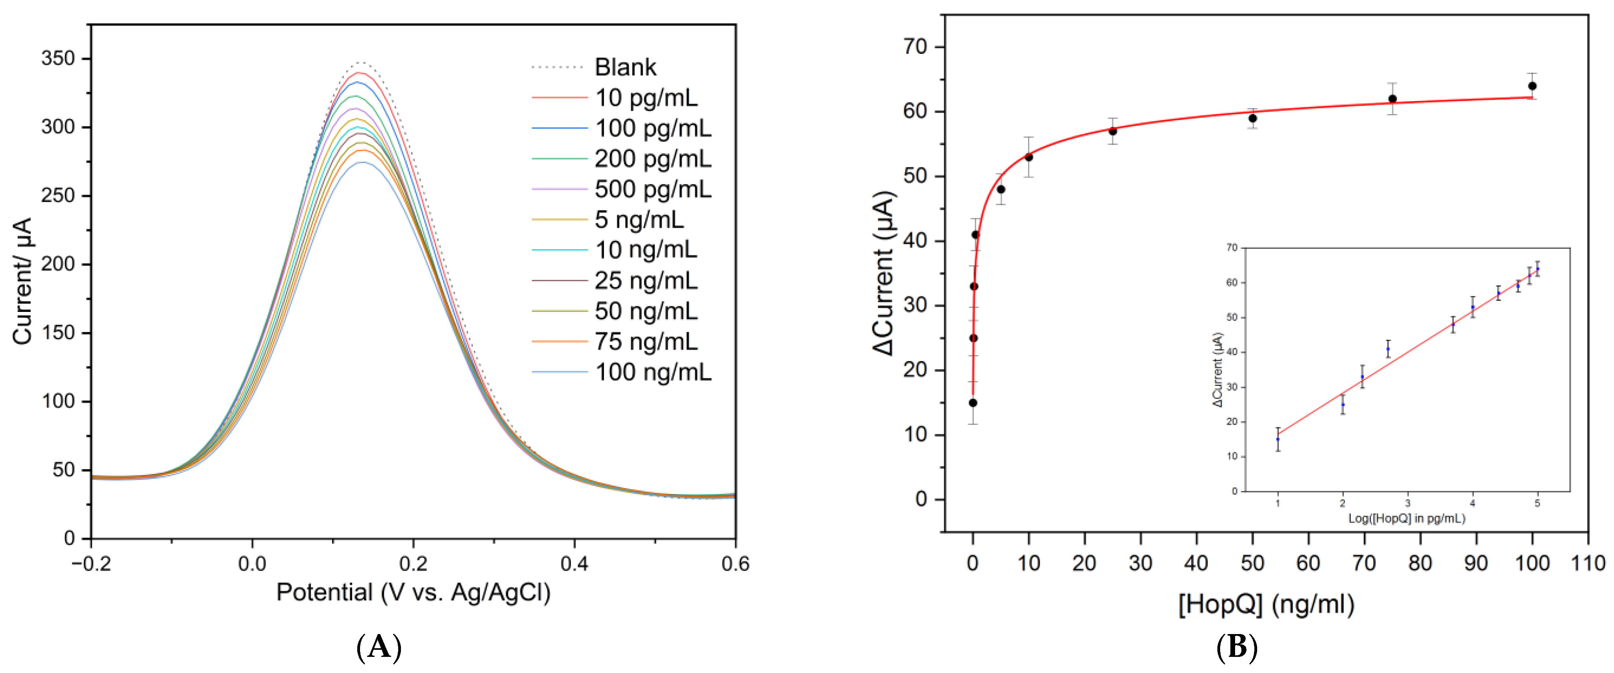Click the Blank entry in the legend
(625, 67)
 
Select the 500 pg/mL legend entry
(652, 189)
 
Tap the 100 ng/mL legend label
(652, 372)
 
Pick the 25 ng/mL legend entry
(645, 281)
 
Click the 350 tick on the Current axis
(57, 59)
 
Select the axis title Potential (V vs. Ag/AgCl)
(413, 592)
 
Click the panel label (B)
(1236, 647)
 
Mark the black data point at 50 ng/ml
(1252, 118)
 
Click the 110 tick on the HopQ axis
(1588, 563)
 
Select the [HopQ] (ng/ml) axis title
(1266, 605)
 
